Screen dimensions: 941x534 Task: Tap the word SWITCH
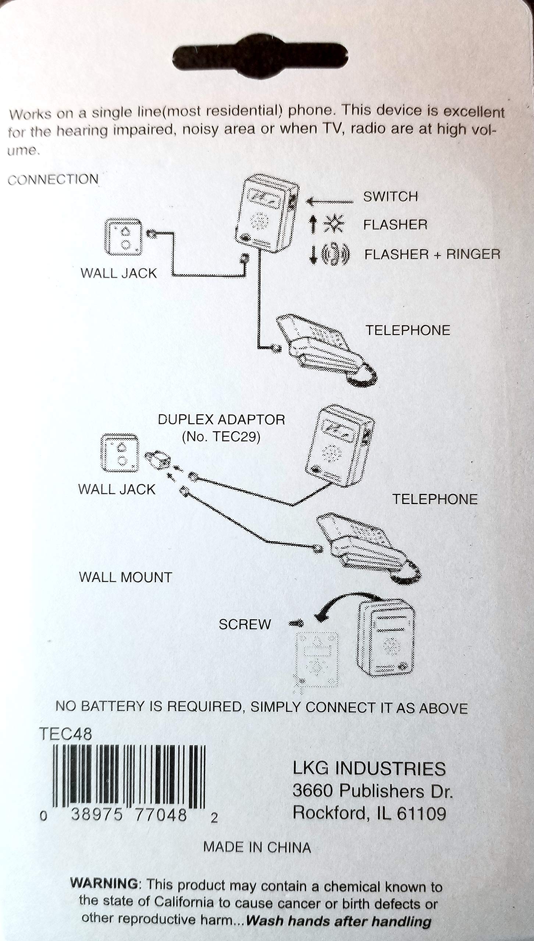click(x=391, y=197)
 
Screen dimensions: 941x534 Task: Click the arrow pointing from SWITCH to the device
click(x=329, y=201)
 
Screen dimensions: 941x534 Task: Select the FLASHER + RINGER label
click(x=432, y=254)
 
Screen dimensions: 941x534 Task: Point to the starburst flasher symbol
click(x=334, y=224)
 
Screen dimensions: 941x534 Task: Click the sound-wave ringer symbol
click(x=335, y=254)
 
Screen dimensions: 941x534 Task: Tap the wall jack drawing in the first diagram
click(x=123, y=237)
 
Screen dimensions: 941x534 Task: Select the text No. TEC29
click(x=221, y=437)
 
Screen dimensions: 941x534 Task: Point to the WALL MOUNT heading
click(x=125, y=577)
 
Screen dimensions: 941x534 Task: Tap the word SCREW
click(x=245, y=624)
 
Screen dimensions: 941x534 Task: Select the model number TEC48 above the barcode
click(x=65, y=734)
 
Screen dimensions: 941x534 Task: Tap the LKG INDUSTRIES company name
click(x=369, y=769)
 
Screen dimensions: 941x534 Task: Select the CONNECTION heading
click(x=53, y=180)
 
